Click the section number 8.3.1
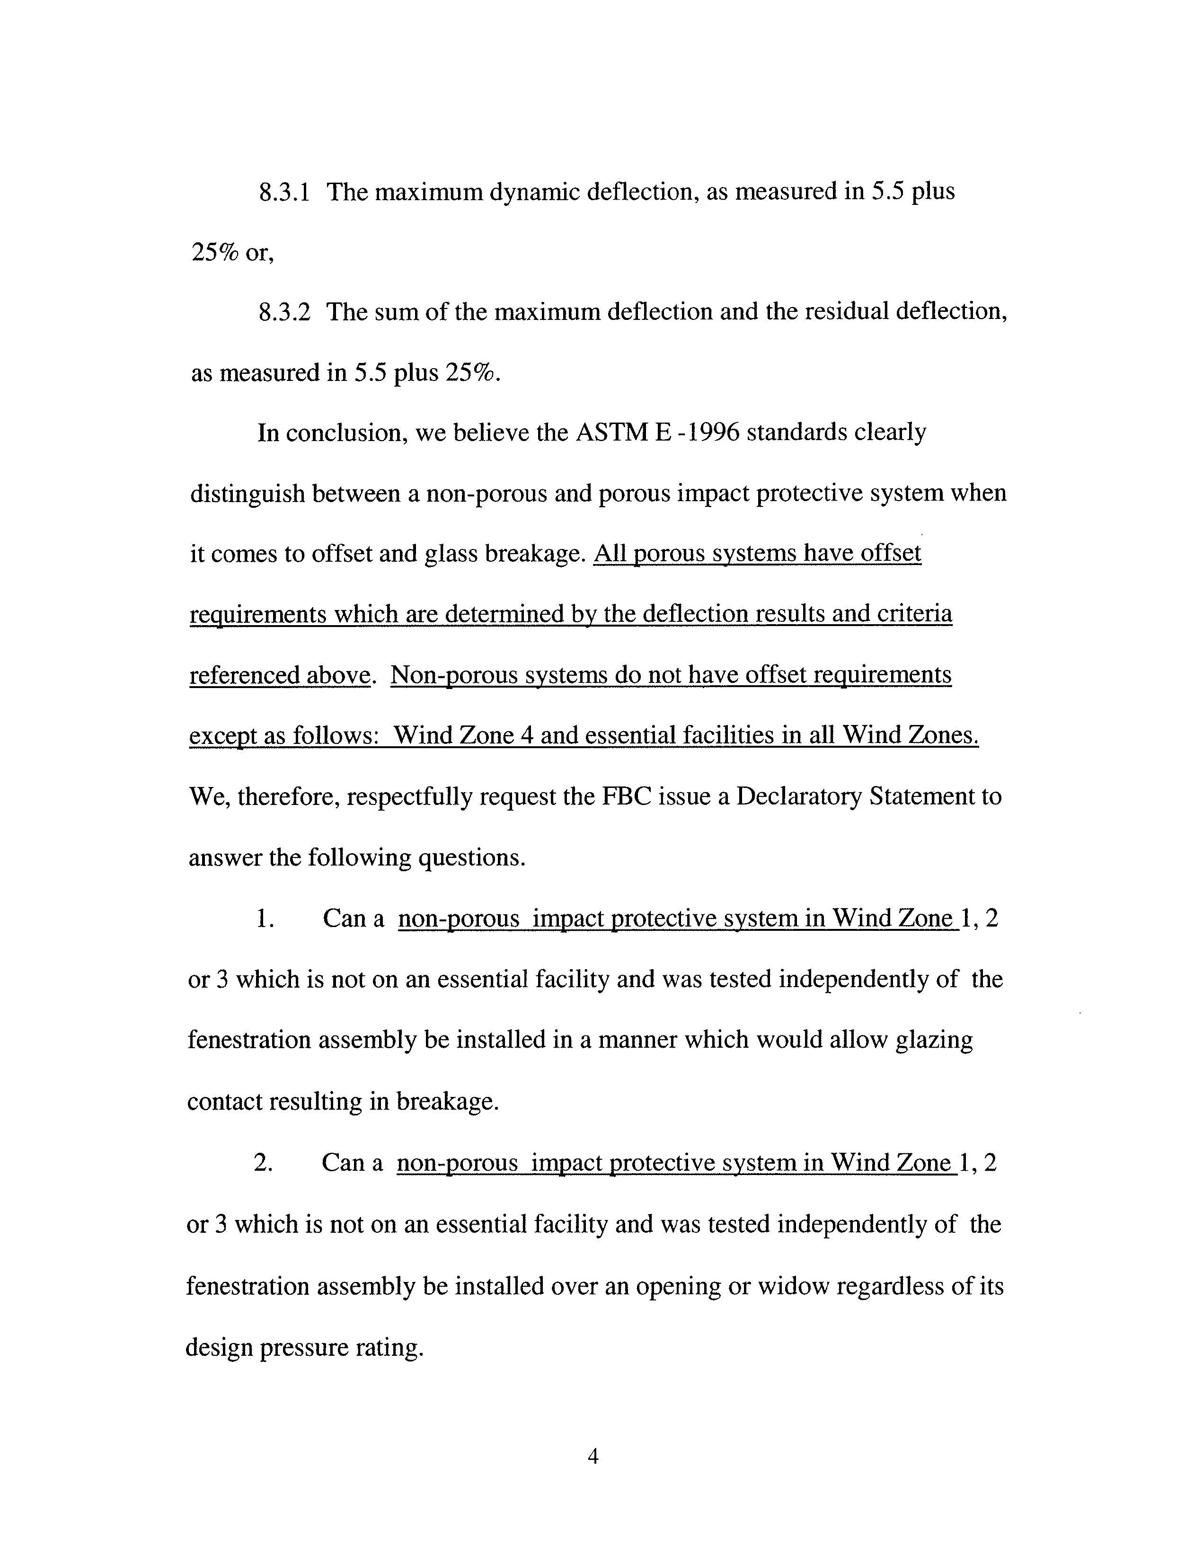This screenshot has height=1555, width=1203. (284, 192)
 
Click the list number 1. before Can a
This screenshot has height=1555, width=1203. (264, 919)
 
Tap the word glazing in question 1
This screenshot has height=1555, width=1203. (933, 1040)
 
